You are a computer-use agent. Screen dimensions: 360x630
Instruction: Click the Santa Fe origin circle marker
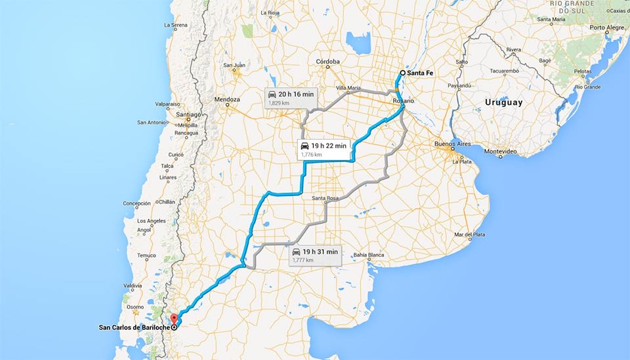(x=402, y=73)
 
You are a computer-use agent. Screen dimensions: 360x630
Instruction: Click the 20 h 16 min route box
(x=291, y=98)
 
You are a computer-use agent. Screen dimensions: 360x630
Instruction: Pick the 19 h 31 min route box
(x=314, y=254)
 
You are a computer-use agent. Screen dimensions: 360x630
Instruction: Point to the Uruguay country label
(x=503, y=102)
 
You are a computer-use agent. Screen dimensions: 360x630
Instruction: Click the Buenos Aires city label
(x=452, y=144)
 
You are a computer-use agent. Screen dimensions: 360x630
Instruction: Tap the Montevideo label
(x=501, y=151)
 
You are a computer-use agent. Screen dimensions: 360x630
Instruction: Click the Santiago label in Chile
(x=188, y=114)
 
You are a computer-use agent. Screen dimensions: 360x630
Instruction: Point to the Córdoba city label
(x=327, y=62)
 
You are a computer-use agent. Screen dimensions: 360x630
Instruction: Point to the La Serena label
(x=175, y=25)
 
